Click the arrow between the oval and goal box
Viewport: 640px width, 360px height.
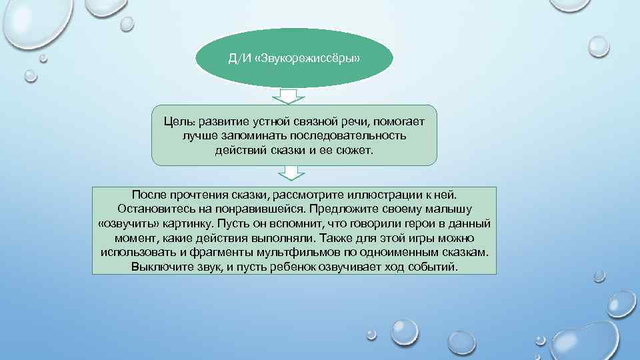coord(290,96)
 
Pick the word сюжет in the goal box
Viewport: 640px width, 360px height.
coord(357,150)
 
